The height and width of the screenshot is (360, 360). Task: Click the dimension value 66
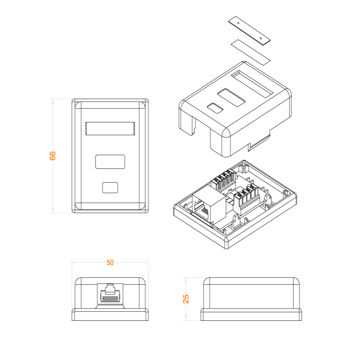point(53,156)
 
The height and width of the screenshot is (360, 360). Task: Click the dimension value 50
point(110,263)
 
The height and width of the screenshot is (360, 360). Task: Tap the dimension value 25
point(186,299)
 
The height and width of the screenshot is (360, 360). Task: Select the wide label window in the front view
point(110,129)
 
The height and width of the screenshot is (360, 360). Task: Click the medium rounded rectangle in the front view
point(110,162)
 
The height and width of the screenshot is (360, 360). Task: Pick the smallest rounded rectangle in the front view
point(110,188)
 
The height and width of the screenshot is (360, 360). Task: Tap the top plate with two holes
point(249,30)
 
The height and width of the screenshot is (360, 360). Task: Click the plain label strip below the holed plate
point(250,52)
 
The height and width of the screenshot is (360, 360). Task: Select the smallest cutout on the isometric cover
point(215,108)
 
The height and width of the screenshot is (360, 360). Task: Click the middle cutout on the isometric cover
point(231,98)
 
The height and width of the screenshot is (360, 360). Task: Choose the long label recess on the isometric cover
point(252,83)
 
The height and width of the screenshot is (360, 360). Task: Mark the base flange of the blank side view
point(251,315)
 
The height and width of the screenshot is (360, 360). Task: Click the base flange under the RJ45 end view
point(110,315)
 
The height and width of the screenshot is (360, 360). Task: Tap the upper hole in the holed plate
point(238,23)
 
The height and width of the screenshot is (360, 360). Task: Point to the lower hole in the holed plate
point(261,38)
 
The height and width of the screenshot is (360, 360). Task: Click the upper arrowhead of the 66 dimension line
point(53,102)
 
